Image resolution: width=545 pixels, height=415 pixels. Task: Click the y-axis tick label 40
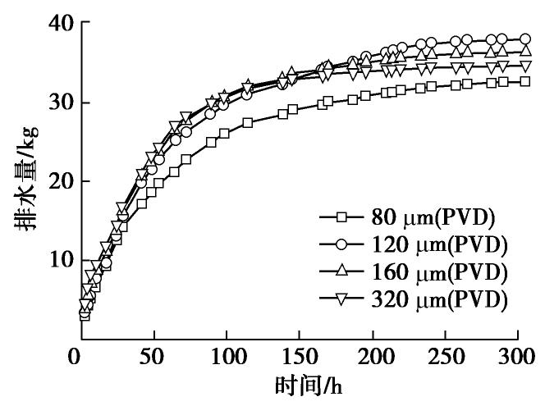tap(51, 24)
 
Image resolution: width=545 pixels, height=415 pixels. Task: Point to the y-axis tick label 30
tap(51, 103)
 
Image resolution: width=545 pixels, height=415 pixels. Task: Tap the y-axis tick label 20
tap(51, 181)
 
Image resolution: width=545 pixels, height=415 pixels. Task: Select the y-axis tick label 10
tap(51, 260)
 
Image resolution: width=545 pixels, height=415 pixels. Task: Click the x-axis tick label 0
tap(75, 358)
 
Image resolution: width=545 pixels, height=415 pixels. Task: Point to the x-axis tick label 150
tap(299, 358)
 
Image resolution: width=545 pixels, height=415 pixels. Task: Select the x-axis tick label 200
tap(373, 358)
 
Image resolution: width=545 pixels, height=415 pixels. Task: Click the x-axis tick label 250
tap(448, 358)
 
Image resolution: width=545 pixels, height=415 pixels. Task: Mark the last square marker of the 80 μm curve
tap(524, 81)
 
